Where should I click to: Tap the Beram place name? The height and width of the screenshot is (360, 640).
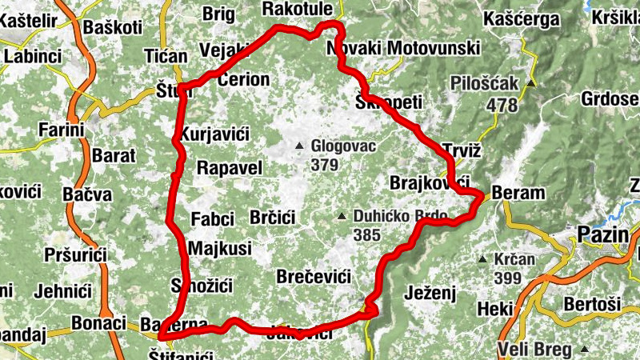[x=518, y=194]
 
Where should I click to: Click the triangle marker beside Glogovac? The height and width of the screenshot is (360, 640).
[x=299, y=146]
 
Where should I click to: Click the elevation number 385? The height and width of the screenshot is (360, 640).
[x=368, y=235]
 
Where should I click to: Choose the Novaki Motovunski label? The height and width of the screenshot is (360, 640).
[x=403, y=49]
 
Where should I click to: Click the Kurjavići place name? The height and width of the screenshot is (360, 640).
[x=213, y=133]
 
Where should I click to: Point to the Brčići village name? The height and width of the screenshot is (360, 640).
[x=273, y=218]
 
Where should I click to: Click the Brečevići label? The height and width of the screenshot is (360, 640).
[x=313, y=277]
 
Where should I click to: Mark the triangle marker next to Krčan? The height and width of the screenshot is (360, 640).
[x=483, y=259]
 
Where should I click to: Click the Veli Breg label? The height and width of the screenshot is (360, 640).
[x=534, y=350]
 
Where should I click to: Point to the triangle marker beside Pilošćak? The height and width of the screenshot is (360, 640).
[x=530, y=83]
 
